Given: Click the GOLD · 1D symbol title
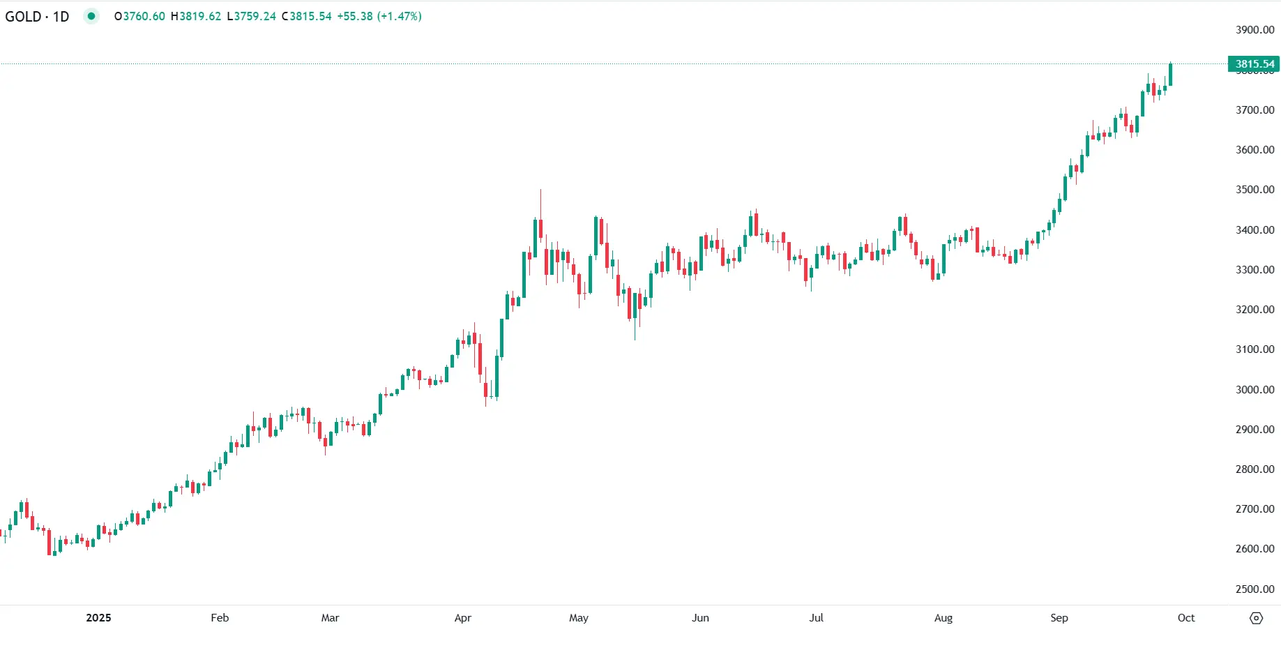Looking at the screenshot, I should pyautogui.click(x=37, y=16).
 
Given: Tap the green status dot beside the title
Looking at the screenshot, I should pyautogui.click(x=91, y=16).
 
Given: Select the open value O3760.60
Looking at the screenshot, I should pyautogui.click(x=139, y=16).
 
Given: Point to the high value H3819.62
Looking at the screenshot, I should pyautogui.click(x=196, y=16).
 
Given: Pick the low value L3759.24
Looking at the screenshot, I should pyautogui.click(x=251, y=16).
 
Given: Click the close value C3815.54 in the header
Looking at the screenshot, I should pyautogui.click(x=306, y=16).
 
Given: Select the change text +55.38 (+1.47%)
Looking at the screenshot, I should pyautogui.click(x=379, y=16).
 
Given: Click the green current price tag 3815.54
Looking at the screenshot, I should pyautogui.click(x=1254, y=64).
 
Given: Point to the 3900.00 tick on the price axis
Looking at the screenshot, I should pyautogui.click(x=1255, y=30).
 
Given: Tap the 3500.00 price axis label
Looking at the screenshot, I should pyautogui.click(x=1255, y=190).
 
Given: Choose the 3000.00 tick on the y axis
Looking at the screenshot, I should pyautogui.click(x=1255, y=390).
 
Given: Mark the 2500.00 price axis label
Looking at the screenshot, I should pyautogui.click(x=1255, y=589).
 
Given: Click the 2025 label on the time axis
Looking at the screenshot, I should pyautogui.click(x=98, y=618).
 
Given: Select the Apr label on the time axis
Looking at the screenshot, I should pyautogui.click(x=462, y=618).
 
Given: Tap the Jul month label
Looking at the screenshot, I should pyautogui.click(x=816, y=618).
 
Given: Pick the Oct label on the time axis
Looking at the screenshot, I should pyautogui.click(x=1185, y=618).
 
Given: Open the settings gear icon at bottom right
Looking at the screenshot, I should pyautogui.click(x=1256, y=618).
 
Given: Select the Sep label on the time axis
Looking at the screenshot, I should pyautogui.click(x=1059, y=618).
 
